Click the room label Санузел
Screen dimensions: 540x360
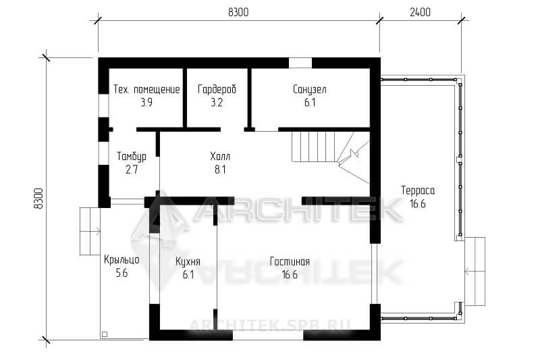pos(309,90)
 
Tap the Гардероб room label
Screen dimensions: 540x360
pos(217,90)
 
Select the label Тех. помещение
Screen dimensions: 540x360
pos(146,90)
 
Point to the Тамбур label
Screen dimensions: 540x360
pos(132,157)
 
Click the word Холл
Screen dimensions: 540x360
pos(220,157)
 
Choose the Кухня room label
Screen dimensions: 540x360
pos(188,262)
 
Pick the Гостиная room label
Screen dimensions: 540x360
pos(290,262)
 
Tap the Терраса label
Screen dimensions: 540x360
pos(418,190)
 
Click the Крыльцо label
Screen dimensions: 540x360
pos(122,260)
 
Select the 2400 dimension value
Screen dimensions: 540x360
pos(420,12)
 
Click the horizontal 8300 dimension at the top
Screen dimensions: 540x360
pos(238,12)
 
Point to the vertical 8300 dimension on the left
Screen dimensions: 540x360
pos(39,199)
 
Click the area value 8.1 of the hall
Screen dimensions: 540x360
pos(220,170)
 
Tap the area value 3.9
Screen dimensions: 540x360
pos(146,103)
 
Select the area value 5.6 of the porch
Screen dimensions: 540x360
pos(122,273)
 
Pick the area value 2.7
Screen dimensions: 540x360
pos(132,170)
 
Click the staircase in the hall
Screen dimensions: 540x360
pos(330,156)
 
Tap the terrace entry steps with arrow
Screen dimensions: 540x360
pos(475,272)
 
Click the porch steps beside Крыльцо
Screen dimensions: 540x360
pos(90,231)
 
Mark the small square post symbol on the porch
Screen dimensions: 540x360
pos(105,334)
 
